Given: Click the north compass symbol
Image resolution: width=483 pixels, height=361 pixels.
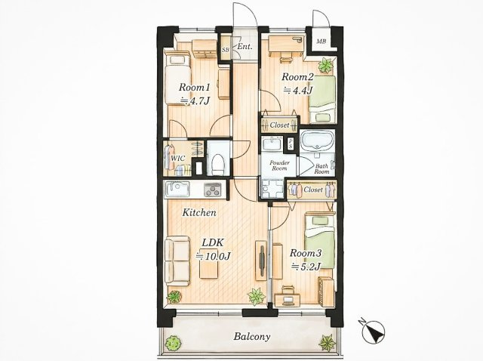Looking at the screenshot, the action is [x=374, y=332].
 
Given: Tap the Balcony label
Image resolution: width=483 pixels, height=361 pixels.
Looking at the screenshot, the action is [x=251, y=336].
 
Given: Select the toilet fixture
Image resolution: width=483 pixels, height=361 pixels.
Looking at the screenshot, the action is [x=219, y=163].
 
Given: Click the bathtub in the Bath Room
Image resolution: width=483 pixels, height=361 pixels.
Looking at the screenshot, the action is [x=317, y=140].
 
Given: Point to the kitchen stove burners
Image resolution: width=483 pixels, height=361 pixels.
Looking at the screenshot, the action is [x=213, y=190].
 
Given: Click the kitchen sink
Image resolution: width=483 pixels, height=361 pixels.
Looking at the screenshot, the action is [x=178, y=189].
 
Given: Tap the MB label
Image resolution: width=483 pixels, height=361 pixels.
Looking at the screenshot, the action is [x=321, y=41].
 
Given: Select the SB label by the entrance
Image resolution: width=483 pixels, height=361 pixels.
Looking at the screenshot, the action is [x=226, y=48].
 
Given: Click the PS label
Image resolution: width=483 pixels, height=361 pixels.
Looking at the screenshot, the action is [x=290, y=143].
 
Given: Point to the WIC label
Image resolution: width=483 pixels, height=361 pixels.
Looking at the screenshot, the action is [x=178, y=159].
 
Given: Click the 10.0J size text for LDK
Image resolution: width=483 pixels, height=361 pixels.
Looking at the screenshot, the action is [x=214, y=256].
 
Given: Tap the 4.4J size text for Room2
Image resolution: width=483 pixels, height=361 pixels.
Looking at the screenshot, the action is [x=298, y=90].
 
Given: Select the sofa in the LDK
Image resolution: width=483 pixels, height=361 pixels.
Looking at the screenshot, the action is [x=177, y=261].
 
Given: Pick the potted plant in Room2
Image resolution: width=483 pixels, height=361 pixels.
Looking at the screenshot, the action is [x=325, y=66].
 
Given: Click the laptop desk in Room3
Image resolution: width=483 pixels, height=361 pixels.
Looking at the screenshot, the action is [x=287, y=298].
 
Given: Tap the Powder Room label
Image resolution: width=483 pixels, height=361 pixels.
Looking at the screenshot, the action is [x=280, y=165].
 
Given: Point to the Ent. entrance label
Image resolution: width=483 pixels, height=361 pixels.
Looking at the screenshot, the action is [x=245, y=47].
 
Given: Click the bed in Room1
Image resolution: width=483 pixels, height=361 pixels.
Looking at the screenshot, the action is [x=177, y=79].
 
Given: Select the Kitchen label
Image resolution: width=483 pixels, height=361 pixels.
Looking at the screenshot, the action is [x=199, y=212].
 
